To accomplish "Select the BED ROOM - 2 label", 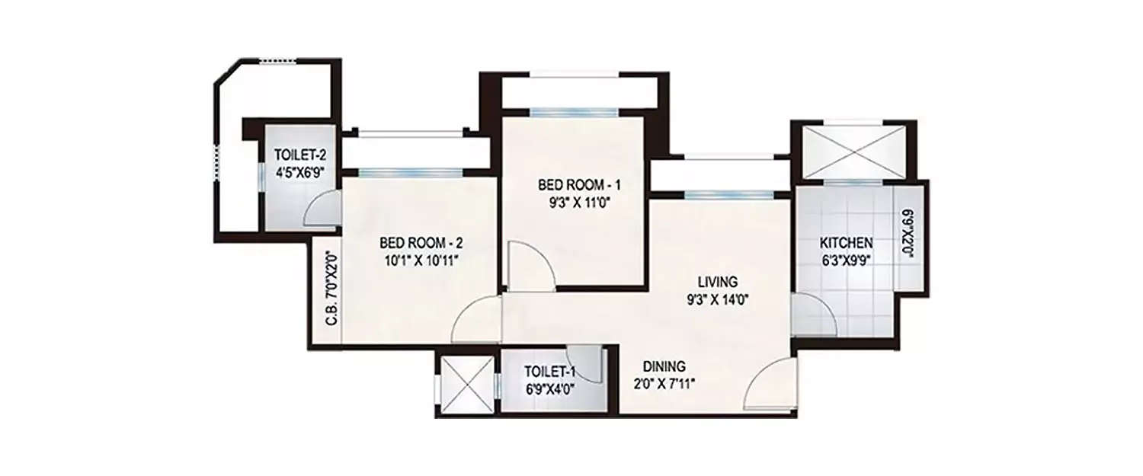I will [421, 244].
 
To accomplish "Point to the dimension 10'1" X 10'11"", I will [421, 260].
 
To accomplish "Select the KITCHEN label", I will [846, 244].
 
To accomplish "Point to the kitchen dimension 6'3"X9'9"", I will [846, 260].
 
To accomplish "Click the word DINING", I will [663, 366].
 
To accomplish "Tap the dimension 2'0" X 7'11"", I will [663, 382].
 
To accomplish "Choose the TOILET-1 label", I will [549, 372].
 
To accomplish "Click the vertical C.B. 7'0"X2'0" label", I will [331, 289].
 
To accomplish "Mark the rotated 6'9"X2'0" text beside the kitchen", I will [907, 236].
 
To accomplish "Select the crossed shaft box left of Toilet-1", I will [465, 385].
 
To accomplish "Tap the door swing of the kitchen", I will [809, 316].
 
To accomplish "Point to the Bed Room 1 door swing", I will [527, 267].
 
